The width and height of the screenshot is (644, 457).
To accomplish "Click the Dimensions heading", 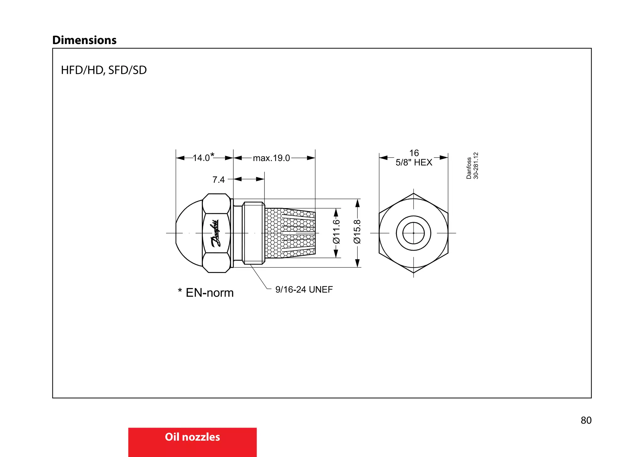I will coord(84,40).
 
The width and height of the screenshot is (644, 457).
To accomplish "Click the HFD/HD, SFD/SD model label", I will coord(104,70).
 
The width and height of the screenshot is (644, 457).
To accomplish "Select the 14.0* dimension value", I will coord(203,157).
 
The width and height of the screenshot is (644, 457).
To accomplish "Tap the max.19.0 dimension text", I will coord(271,158).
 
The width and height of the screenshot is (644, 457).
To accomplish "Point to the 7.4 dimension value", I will coord(219,180).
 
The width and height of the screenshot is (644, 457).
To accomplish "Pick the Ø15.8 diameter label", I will coord(357,232).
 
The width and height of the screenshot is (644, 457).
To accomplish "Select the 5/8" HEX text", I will coord(414,163).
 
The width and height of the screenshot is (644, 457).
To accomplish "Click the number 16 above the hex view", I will coord(414,153).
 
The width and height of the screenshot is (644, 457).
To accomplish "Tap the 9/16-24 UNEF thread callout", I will coord(304,289).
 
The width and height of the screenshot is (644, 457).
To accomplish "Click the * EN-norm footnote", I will coord(206,293).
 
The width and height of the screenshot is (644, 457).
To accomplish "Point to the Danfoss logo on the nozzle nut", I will coord(216,233).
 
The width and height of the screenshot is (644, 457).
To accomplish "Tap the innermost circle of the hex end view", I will coord(414,233).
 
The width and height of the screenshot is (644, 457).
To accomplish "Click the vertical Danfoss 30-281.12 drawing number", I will coord(472,166).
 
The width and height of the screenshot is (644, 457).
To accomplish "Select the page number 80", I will coord(586,420).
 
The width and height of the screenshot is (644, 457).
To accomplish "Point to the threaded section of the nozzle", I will coord(253,233).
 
